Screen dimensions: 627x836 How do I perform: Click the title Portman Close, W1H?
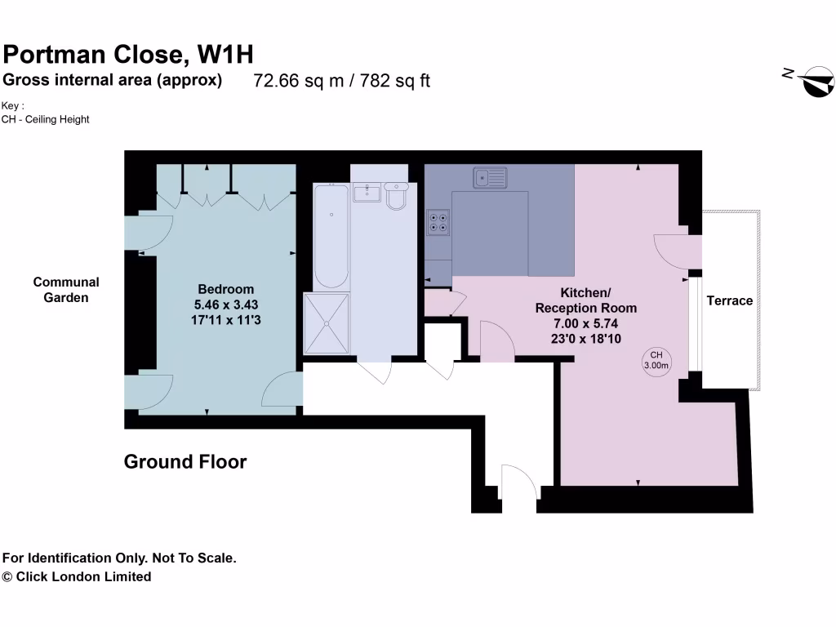point(128,55)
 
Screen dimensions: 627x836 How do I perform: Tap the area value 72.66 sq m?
point(299,81)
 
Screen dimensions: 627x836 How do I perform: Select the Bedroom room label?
point(226,289)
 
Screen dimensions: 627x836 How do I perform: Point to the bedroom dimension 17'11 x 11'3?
point(226,321)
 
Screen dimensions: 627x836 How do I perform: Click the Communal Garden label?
point(66,290)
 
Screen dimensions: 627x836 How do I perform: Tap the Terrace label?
point(729,300)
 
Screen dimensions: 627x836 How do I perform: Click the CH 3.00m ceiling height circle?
point(657,360)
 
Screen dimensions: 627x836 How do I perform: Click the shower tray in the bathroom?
point(327,323)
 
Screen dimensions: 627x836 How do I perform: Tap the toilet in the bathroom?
point(397,195)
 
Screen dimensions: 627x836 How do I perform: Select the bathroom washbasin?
point(367,193)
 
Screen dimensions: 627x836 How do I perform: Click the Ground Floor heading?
point(185,462)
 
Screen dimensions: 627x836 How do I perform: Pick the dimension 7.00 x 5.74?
point(585,323)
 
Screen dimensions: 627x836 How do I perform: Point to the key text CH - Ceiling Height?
point(46,119)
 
